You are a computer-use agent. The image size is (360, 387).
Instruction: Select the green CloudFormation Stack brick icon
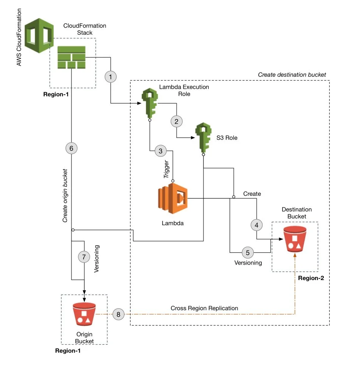tap(72, 58)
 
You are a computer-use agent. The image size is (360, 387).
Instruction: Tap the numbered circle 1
tap(110, 77)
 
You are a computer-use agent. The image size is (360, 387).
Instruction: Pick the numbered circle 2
tap(176, 121)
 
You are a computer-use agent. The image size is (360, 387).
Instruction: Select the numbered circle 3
tap(160, 151)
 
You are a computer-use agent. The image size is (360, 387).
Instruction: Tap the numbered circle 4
tap(257, 225)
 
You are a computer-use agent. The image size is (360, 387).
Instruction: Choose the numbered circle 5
tap(248, 252)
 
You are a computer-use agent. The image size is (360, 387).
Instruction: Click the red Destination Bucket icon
tap(295, 240)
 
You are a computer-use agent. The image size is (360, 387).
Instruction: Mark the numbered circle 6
tap(71, 148)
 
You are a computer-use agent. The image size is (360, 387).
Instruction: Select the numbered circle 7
tap(84, 257)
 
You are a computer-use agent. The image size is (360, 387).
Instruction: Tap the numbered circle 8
tap(118, 314)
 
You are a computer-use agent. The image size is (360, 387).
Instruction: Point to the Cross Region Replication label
tap(204, 308)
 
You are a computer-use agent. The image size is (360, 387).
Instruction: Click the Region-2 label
tap(311, 278)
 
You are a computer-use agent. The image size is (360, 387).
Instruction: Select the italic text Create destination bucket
tap(292, 75)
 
